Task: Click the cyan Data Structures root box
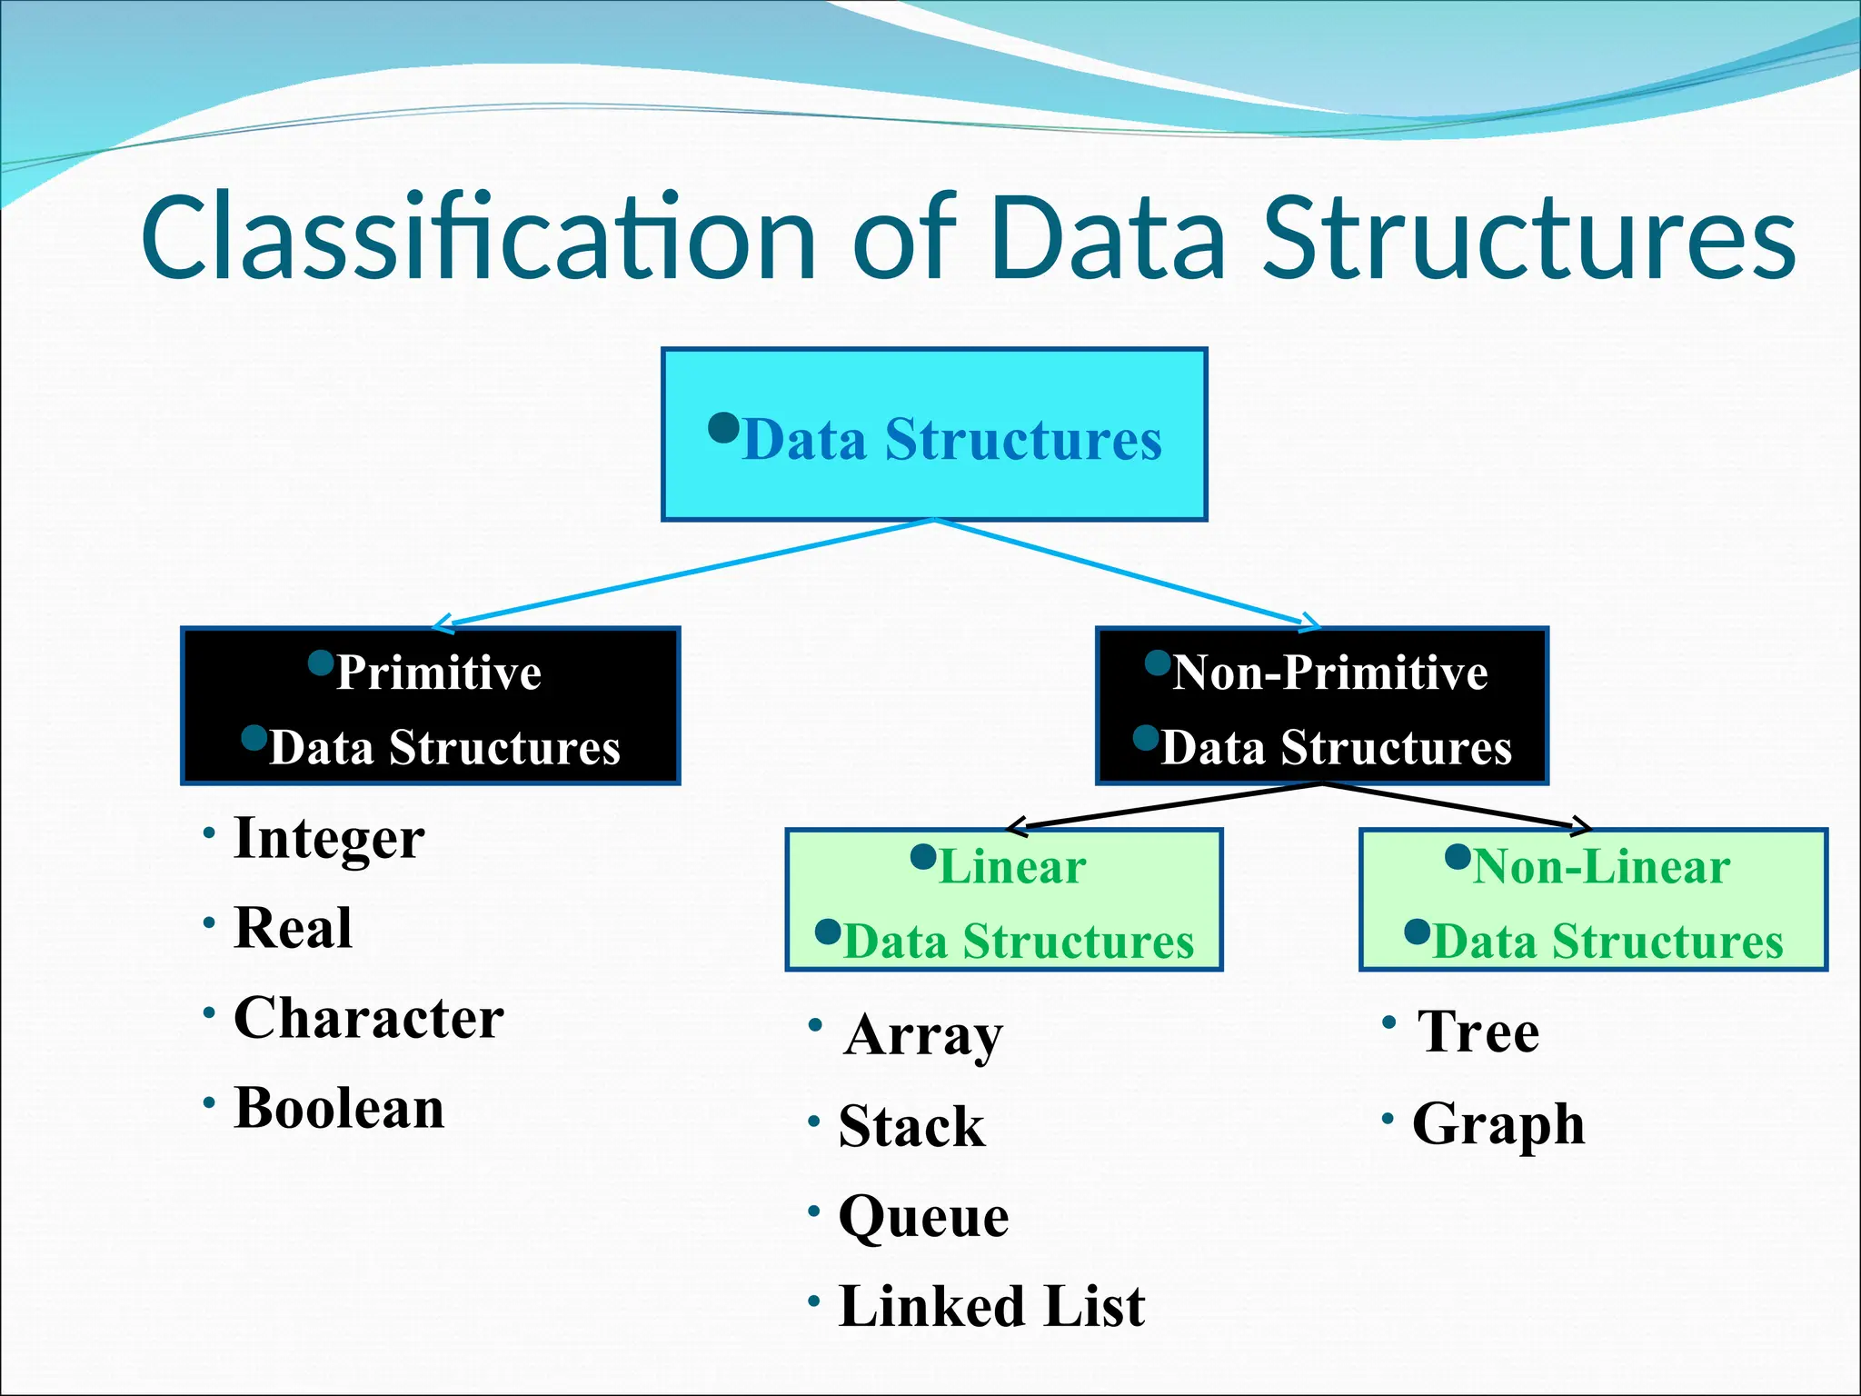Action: pos(933,434)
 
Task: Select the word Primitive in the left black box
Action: pos(439,673)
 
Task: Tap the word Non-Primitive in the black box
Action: pos(1329,673)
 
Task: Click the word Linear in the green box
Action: pos(1011,866)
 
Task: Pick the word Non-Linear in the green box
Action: pos(1601,866)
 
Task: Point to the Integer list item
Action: pos(329,838)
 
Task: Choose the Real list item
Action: pos(293,928)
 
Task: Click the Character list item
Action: pos(368,1018)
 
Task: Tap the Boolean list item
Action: pos(339,1108)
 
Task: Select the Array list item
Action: pos(922,1034)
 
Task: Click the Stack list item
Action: pos(911,1126)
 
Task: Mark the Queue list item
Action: pos(923,1216)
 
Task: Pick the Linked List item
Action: pos(991,1306)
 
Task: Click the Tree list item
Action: pos(1478,1032)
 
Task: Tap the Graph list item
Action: pos(1498,1124)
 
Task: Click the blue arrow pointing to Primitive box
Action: pos(682,573)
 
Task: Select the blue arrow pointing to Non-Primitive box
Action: pos(1127,573)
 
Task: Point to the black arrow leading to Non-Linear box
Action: pos(1454,805)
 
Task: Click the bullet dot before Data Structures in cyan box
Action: pos(723,426)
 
